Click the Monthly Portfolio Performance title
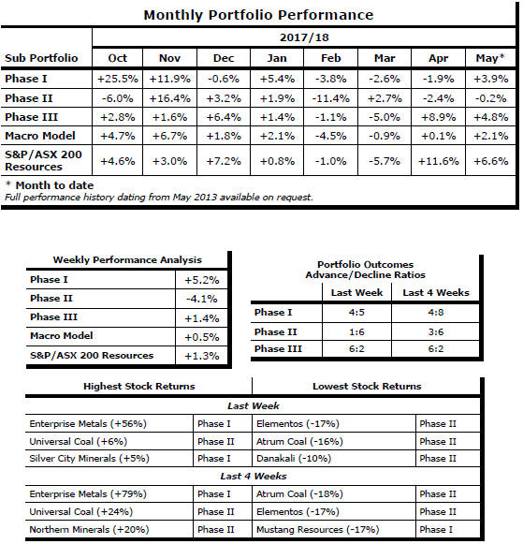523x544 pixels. [x=258, y=15]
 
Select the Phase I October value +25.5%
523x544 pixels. [x=118, y=79]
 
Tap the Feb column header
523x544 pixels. [x=330, y=58]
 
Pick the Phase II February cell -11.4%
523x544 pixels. [x=330, y=98]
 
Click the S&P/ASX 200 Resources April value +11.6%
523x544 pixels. [x=439, y=161]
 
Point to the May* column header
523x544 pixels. [x=490, y=58]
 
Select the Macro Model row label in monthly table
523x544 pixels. [x=40, y=136]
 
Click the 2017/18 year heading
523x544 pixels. [x=304, y=37]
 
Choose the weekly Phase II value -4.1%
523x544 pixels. [x=202, y=299]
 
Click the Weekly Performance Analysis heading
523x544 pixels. [x=127, y=260]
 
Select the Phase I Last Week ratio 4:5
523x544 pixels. [x=356, y=312]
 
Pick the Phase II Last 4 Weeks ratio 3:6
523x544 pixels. [x=436, y=332]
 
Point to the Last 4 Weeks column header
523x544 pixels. [x=436, y=293]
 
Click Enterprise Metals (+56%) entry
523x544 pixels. [x=88, y=424]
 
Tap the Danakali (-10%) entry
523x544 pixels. [x=294, y=459]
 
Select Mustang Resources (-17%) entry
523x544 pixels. [x=317, y=530]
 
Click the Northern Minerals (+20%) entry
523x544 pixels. [x=89, y=530]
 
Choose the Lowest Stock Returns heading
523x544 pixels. [x=367, y=387]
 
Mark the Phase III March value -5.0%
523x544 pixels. [x=385, y=117]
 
